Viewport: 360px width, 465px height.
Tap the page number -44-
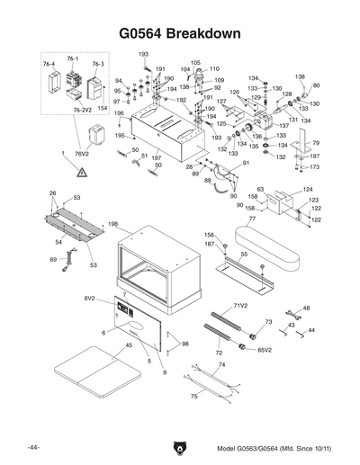point(32,447)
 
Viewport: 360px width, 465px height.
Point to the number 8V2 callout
point(90,297)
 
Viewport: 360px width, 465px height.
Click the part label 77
point(252,219)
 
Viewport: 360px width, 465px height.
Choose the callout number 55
point(242,255)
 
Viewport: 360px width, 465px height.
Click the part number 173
point(314,167)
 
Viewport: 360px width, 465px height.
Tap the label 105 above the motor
point(195,63)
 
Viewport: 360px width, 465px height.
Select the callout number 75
point(193,396)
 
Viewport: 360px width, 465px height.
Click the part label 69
point(53,260)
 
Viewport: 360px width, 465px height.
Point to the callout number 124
point(307,190)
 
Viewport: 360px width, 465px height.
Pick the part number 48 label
point(306,309)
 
